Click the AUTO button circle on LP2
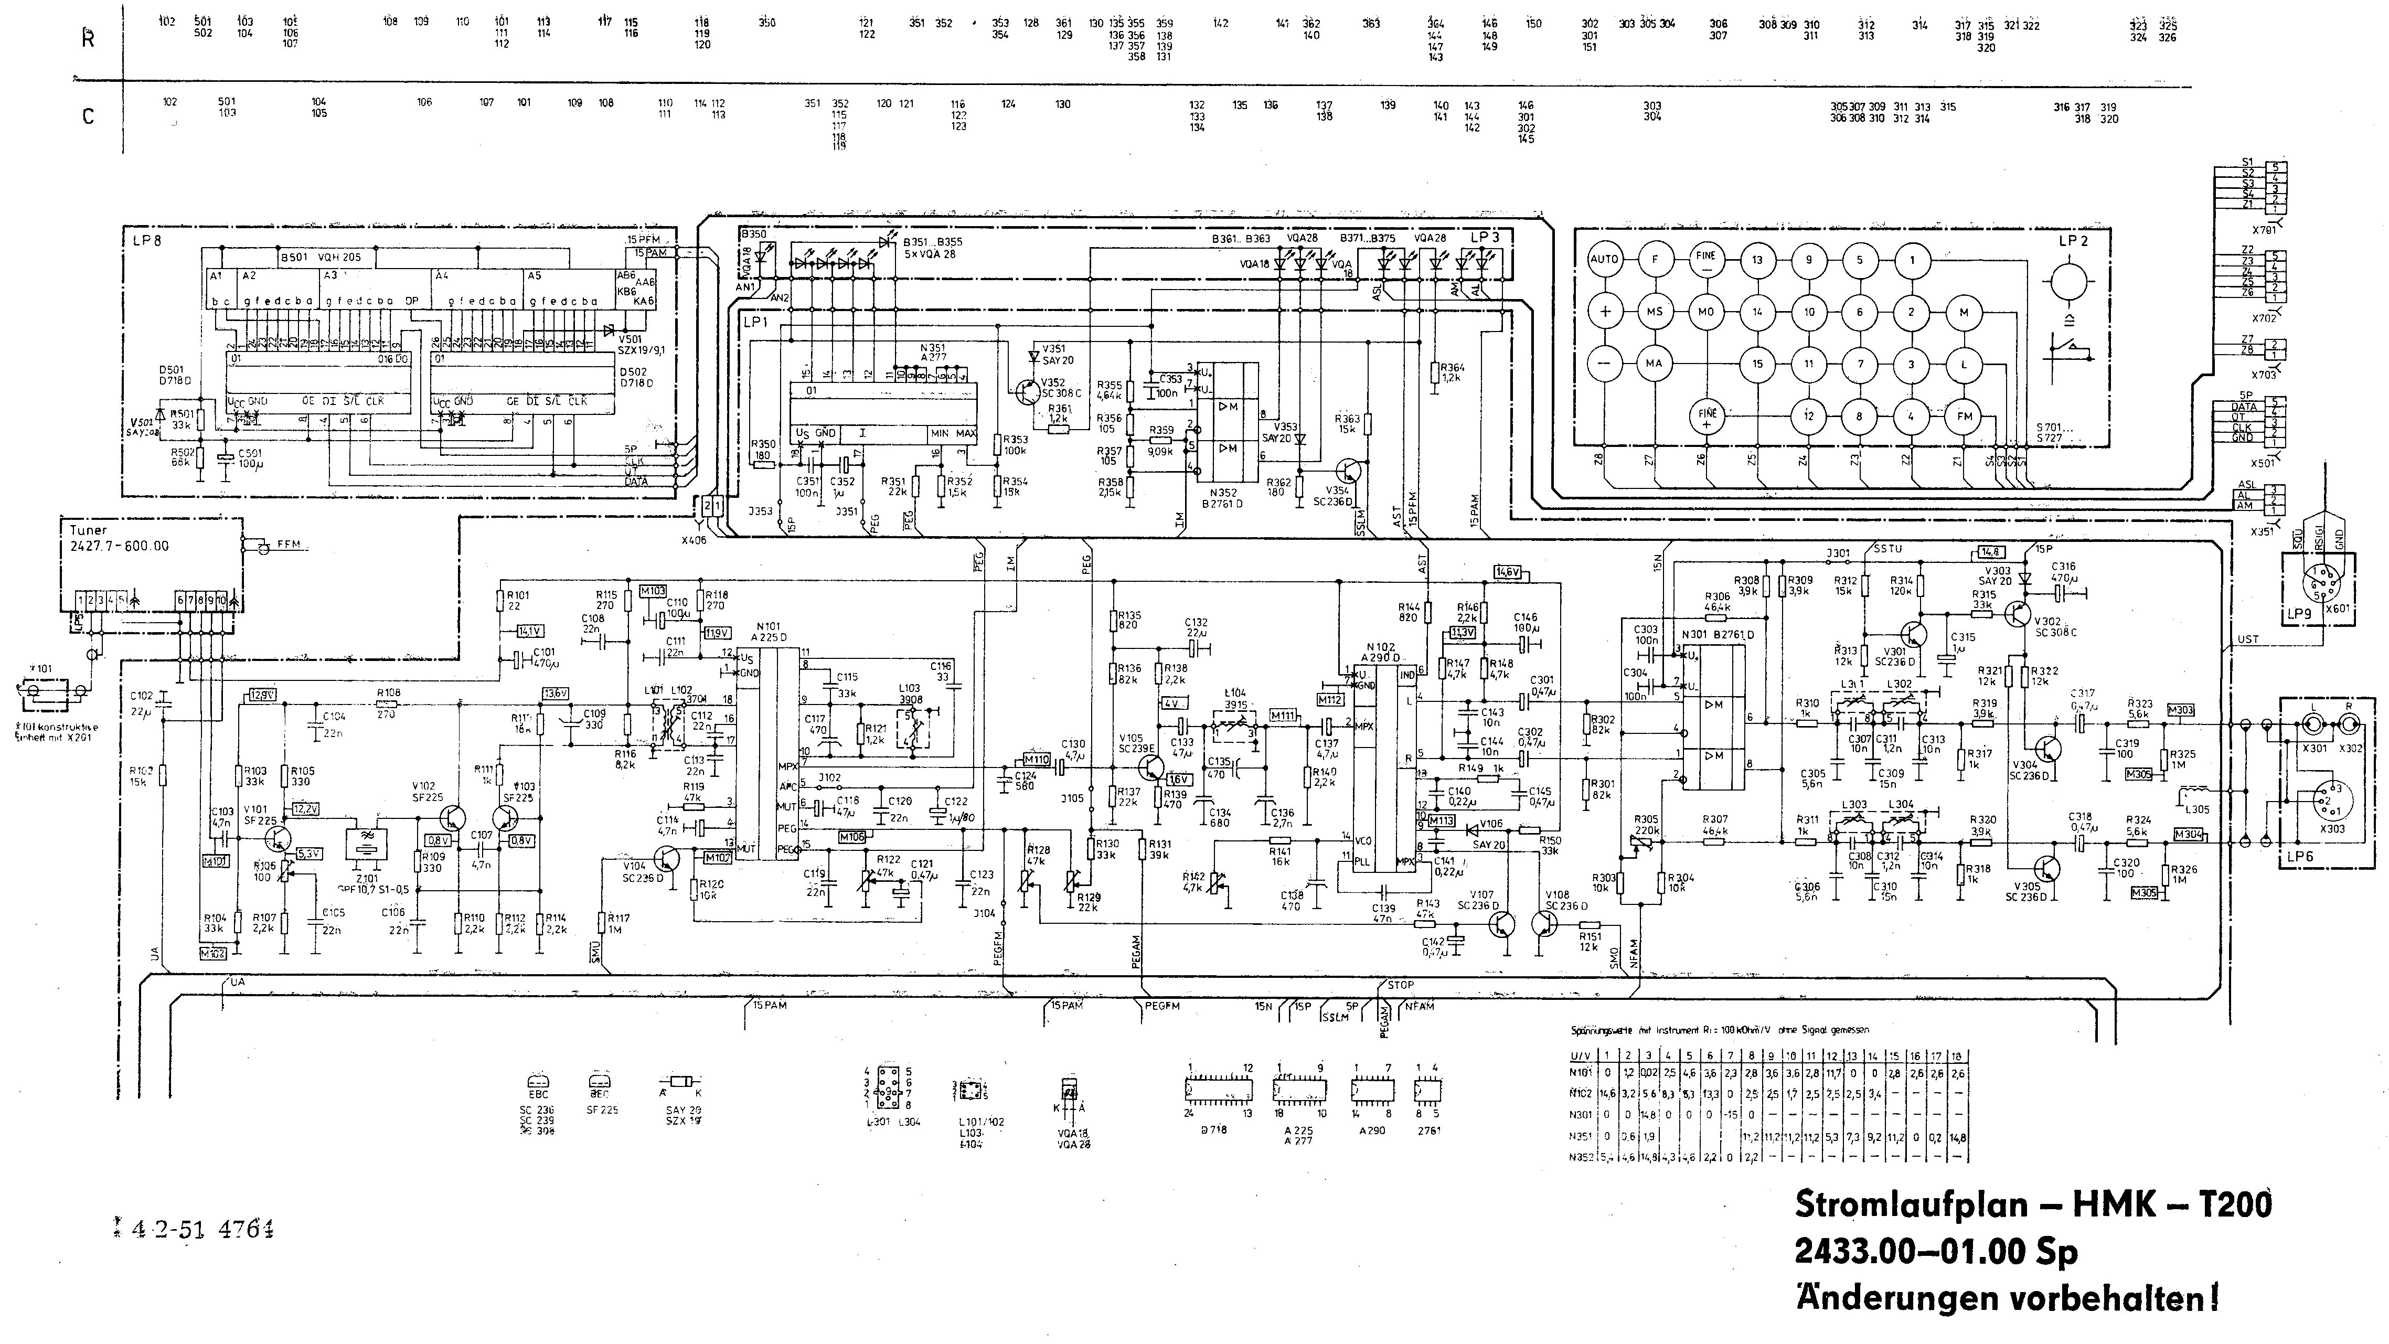(x=1604, y=260)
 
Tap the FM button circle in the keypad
(x=1964, y=417)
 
